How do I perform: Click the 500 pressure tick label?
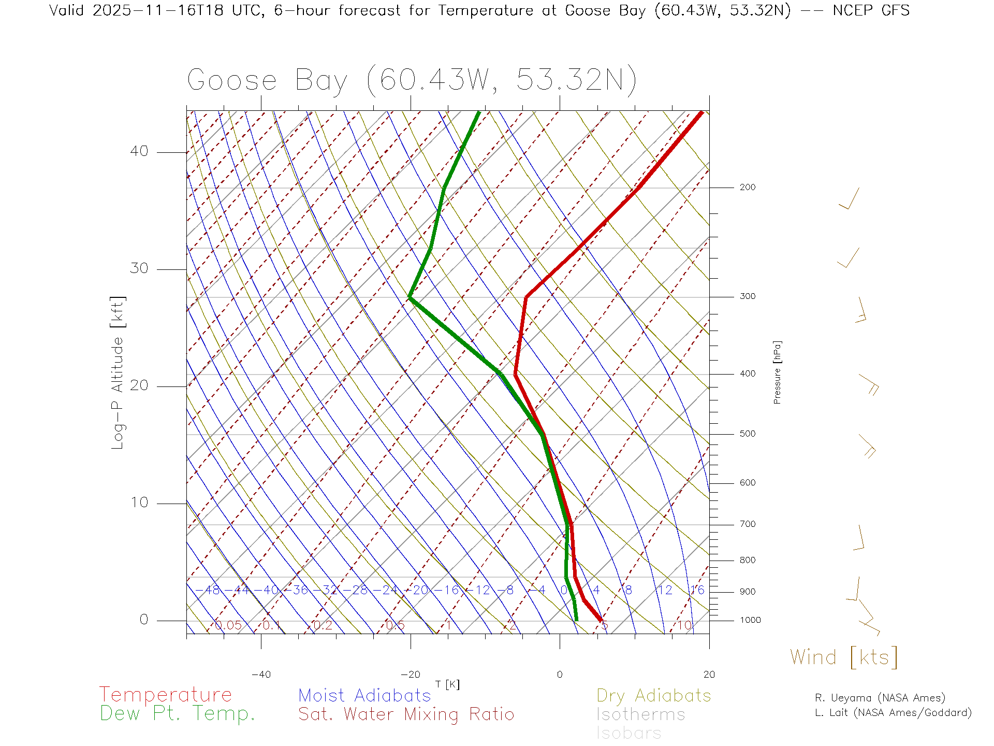point(747,434)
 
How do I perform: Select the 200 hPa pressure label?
point(747,187)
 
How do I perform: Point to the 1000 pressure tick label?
point(750,620)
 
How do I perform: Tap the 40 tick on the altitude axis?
point(139,151)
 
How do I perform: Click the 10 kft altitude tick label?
point(139,503)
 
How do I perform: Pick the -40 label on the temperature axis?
point(261,675)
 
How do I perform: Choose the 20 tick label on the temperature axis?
point(709,675)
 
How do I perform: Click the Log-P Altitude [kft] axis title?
point(118,372)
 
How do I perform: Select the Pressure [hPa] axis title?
point(777,372)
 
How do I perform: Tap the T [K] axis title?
point(447,684)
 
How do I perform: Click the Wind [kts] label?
point(844,657)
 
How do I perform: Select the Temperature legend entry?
point(166,695)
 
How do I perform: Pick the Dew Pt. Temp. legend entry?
point(178,714)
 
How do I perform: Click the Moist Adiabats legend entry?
point(365,695)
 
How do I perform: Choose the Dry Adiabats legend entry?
point(654,695)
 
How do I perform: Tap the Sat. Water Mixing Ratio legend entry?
point(406,714)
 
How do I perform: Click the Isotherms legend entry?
point(641,714)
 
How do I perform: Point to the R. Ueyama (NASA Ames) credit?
point(880,698)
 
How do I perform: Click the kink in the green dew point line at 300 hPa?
point(410,297)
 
